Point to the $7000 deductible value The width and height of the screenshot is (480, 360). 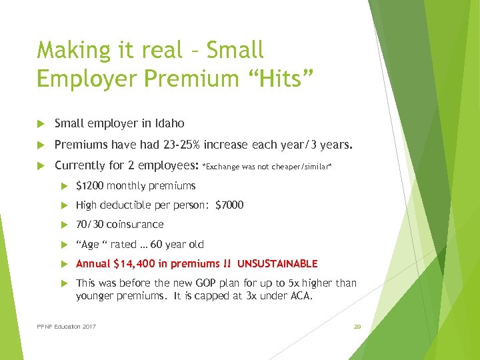[x=229, y=205]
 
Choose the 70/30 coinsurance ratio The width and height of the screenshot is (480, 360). [x=89, y=224]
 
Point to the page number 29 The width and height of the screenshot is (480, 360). [x=357, y=327]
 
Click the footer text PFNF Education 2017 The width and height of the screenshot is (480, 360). [x=67, y=327]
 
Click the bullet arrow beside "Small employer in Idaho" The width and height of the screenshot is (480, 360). [x=42, y=124]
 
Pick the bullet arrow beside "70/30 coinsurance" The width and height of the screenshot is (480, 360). [x=65, y=225]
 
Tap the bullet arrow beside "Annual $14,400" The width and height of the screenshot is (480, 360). [x=65, y=264]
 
